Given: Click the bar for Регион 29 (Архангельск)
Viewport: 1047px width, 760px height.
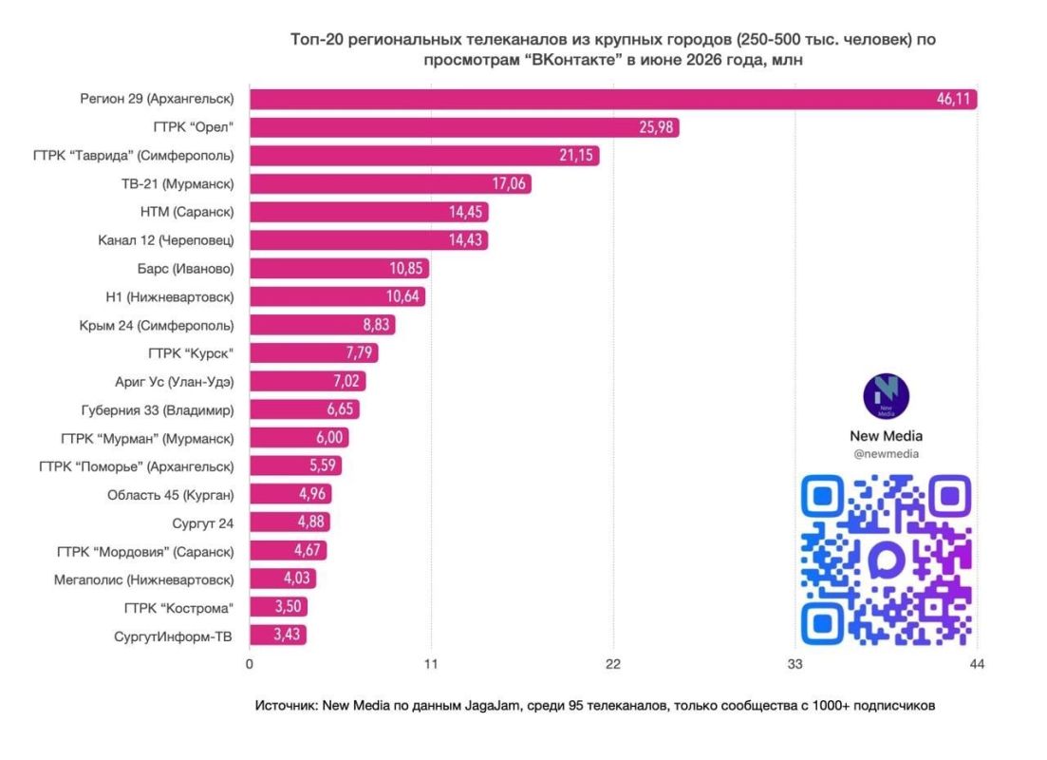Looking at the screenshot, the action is click(x=613, y=99).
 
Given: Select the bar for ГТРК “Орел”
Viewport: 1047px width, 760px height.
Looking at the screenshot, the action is click(x=465, y=127).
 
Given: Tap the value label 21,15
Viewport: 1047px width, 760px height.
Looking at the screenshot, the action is click(x=575, y=155).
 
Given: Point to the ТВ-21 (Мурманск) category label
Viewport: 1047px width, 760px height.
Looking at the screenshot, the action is click(x=178, y=183).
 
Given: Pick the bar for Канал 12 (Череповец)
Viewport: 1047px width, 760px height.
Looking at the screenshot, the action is click(x=369, y=240).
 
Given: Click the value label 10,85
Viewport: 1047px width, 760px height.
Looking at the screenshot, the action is click(x=406, y=269).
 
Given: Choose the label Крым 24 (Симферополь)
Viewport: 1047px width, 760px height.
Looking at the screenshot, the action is click(x=157, y=326).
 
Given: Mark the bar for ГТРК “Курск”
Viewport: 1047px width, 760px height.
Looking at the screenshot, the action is click(x=314, y=353).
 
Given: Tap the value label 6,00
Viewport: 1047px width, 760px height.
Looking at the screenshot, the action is click(x=329, y=438).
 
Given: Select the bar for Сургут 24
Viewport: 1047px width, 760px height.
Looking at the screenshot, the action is click(x=290, y=522).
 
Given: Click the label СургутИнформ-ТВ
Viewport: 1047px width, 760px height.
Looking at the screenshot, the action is click(x=173, y=636).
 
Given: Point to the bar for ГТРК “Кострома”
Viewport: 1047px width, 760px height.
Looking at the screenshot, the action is click(x=279, y=607).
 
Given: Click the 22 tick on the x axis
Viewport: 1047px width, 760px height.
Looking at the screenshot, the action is click(x=613, y=664).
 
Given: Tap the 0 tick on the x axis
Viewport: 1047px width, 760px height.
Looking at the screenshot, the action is click(x=250, y=664).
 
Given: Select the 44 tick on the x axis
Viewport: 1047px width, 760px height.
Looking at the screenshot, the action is click(x=977, y=664).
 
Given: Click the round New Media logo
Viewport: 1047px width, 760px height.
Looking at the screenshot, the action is click(x=886, y=396).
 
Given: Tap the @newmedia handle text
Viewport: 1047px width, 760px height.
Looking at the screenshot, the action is click(x=886, y=454).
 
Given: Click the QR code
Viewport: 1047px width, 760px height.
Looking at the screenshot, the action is click(x=886, y=560).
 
